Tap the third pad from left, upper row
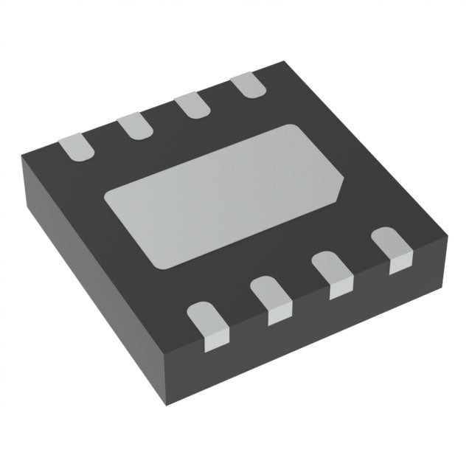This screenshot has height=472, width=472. tap(192, 105)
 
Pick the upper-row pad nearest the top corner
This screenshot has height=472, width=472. tap(248, 86)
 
